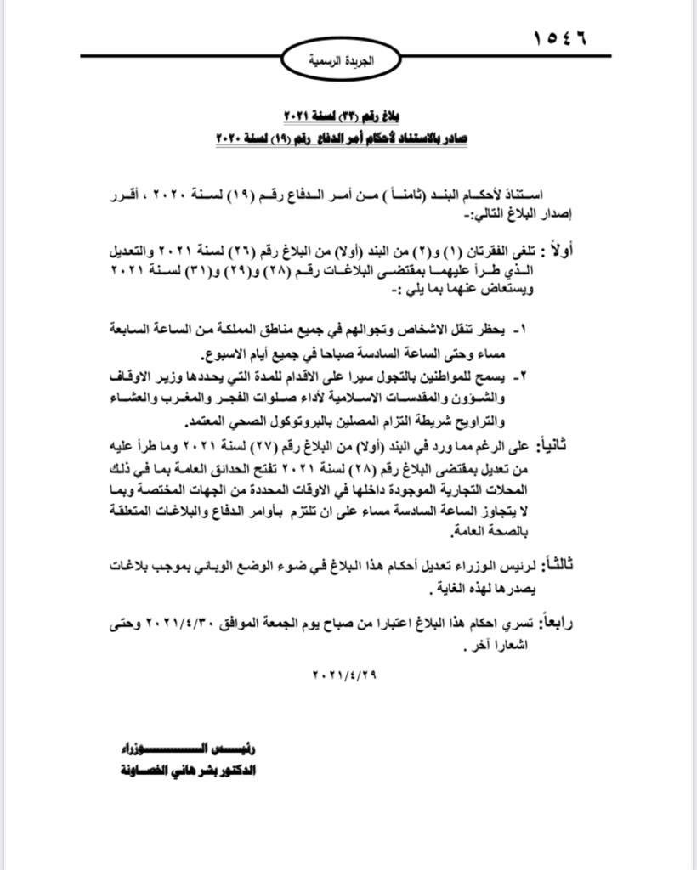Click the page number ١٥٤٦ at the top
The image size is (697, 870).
(x=560, y=37)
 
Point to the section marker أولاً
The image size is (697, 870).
(x=586, y=250)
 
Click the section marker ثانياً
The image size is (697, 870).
(x=586, y=445)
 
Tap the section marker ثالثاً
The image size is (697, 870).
(x=586, y=563)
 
